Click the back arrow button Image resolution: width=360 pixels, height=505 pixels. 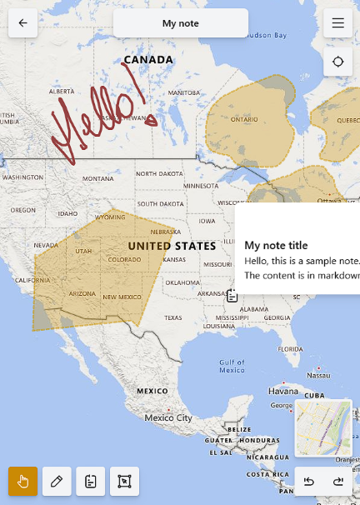tap(22, 23)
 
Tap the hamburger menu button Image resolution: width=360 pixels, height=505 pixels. tap(337, 23)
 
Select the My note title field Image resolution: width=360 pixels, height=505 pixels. tap(181, 23)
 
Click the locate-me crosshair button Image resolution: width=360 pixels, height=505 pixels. tap(337, 62)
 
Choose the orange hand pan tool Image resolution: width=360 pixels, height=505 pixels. tap(23, 482)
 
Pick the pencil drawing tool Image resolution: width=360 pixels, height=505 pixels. tap(57, 482)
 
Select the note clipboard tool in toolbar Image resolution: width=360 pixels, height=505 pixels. tap(91, 482)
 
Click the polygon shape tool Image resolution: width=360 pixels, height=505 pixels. tap(124, 482)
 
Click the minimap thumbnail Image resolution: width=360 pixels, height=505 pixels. tap(322, 428)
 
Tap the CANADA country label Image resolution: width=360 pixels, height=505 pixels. tap(148, 60)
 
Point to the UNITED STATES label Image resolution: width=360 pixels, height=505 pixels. tap(172, 246)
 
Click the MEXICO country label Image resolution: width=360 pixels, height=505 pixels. tap(152, 390)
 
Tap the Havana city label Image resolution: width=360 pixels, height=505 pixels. tap(283, 391)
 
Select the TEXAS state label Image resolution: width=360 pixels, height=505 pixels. tap(173, 317)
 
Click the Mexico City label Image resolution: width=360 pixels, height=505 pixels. tap(168, 417)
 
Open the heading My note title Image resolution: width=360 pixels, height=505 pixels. tap(276, 246)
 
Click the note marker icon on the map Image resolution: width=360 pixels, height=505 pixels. tap(232, 295)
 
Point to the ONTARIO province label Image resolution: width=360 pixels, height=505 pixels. tap(244, 119)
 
